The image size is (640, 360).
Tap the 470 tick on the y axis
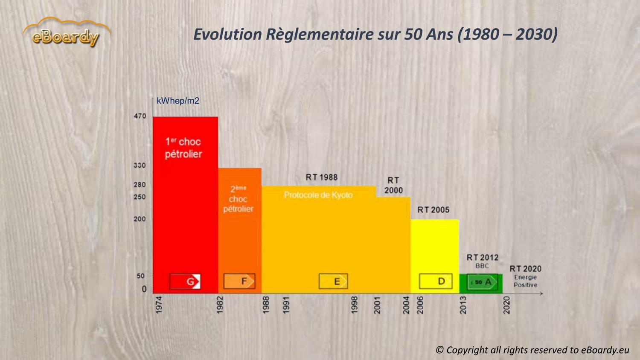point(140,116)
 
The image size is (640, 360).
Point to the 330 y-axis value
point(140,165)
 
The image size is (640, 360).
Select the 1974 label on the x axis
point(159,305)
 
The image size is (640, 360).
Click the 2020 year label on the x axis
point(506,305)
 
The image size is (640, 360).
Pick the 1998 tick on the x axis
point(354,305)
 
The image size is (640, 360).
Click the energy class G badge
point(185,282)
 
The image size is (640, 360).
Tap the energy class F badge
point(239,281)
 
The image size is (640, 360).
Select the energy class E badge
point(333,282)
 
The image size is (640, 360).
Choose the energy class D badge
point(436,281)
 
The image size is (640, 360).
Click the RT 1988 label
point(321,177)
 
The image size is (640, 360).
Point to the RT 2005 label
point(433,210)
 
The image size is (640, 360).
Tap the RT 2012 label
point(483,258)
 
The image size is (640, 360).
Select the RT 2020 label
point(525,269)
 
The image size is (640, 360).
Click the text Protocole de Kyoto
point(318,195)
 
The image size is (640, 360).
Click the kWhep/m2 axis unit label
point(178,101)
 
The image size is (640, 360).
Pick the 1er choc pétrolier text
point(183,148)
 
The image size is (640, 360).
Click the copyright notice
point(532,350)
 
